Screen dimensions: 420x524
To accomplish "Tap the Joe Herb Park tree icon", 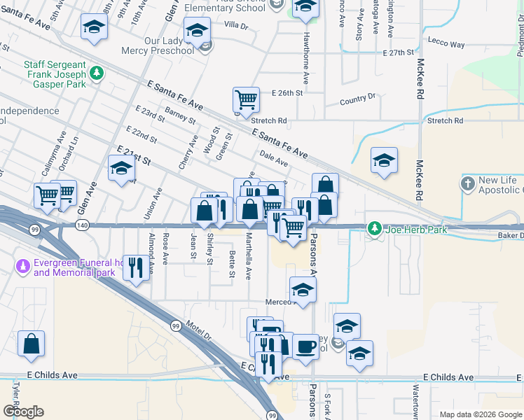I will click(x=375, y=229).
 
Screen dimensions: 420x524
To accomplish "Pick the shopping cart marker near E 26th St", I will click(x=246, y=100).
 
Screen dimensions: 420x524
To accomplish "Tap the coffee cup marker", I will click(x=305, y=346).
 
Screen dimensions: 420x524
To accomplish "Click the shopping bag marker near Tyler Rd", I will click(x=32, y=344).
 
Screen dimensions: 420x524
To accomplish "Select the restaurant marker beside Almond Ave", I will click(x=136, y=267).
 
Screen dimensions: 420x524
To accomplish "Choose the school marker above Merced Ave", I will click(x=302, y=290).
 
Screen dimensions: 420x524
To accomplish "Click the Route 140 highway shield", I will click(x=83, y=225).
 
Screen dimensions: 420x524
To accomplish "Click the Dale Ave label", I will click(x=273, y=158).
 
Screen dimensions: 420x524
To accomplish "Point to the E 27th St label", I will click(x=400, y=53).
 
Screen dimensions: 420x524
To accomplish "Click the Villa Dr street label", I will click(x=235, y=25).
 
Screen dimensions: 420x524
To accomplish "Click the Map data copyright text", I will click(x=480, y=414).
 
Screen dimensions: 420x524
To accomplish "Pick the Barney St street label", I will click(x=180, y=115).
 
